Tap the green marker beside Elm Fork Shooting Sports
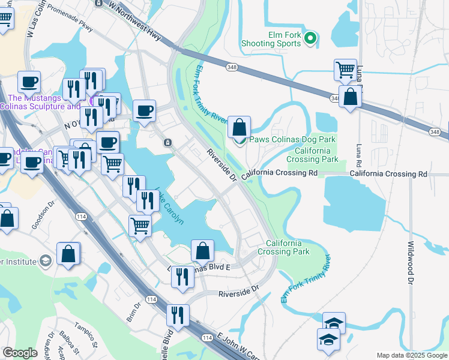310,40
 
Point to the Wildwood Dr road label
411,262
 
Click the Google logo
20,353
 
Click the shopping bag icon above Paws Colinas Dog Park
239,128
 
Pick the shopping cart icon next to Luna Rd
346,70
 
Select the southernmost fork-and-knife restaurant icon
178,315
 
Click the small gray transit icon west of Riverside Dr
168,142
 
